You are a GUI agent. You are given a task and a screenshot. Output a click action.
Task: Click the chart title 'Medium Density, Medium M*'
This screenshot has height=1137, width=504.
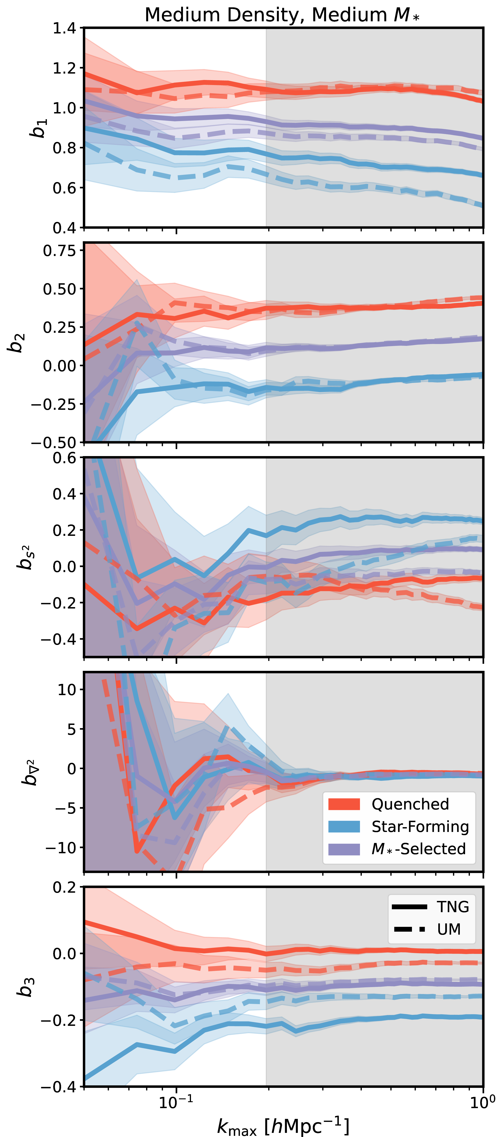[282, 15]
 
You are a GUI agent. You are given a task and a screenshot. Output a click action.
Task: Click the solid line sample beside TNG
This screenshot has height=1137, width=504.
[409, 907]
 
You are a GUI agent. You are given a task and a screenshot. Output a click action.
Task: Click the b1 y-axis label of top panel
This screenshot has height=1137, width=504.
[39, 128]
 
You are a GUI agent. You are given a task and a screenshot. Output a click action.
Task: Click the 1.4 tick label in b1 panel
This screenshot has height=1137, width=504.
[64, 28]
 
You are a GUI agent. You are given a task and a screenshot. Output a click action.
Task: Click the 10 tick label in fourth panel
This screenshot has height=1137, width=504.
[67, 689]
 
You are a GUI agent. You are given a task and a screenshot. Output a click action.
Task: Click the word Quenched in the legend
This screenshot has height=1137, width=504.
[410, 804]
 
